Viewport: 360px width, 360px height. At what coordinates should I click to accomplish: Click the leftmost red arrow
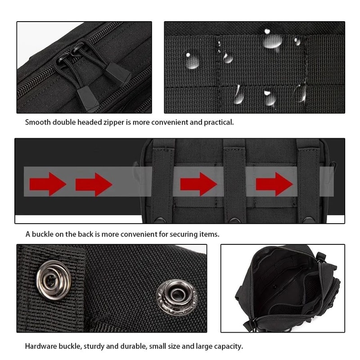[48, 184]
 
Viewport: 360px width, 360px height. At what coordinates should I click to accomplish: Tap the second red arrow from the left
[94, 184]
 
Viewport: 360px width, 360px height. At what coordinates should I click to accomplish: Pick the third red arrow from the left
[198, 184]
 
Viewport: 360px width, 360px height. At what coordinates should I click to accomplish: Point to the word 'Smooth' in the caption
[38, 122]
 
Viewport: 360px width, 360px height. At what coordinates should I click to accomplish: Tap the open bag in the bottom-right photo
[283, 288]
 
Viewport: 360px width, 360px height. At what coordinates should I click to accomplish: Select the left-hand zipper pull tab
[86, 98]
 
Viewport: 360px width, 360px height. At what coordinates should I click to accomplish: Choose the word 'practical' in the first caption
[217, 122]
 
